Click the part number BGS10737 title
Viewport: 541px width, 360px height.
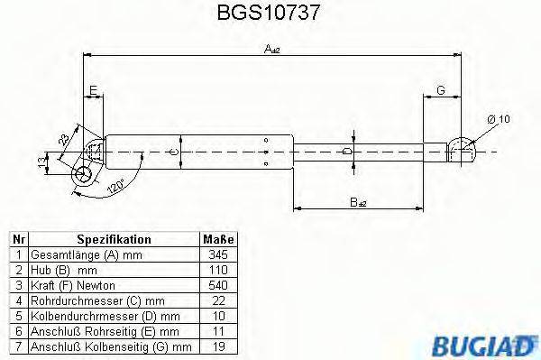tap(271, 14)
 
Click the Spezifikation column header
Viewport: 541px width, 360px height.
tap(114, 240)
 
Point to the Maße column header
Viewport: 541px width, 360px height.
tap(216, 240)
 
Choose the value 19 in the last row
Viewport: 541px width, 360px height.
tap(216, 346)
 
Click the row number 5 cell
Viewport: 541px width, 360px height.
tap(19, 317)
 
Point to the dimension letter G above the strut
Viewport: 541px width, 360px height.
tap(441, 89)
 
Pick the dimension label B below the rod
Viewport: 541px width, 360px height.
tap(358, 205)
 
